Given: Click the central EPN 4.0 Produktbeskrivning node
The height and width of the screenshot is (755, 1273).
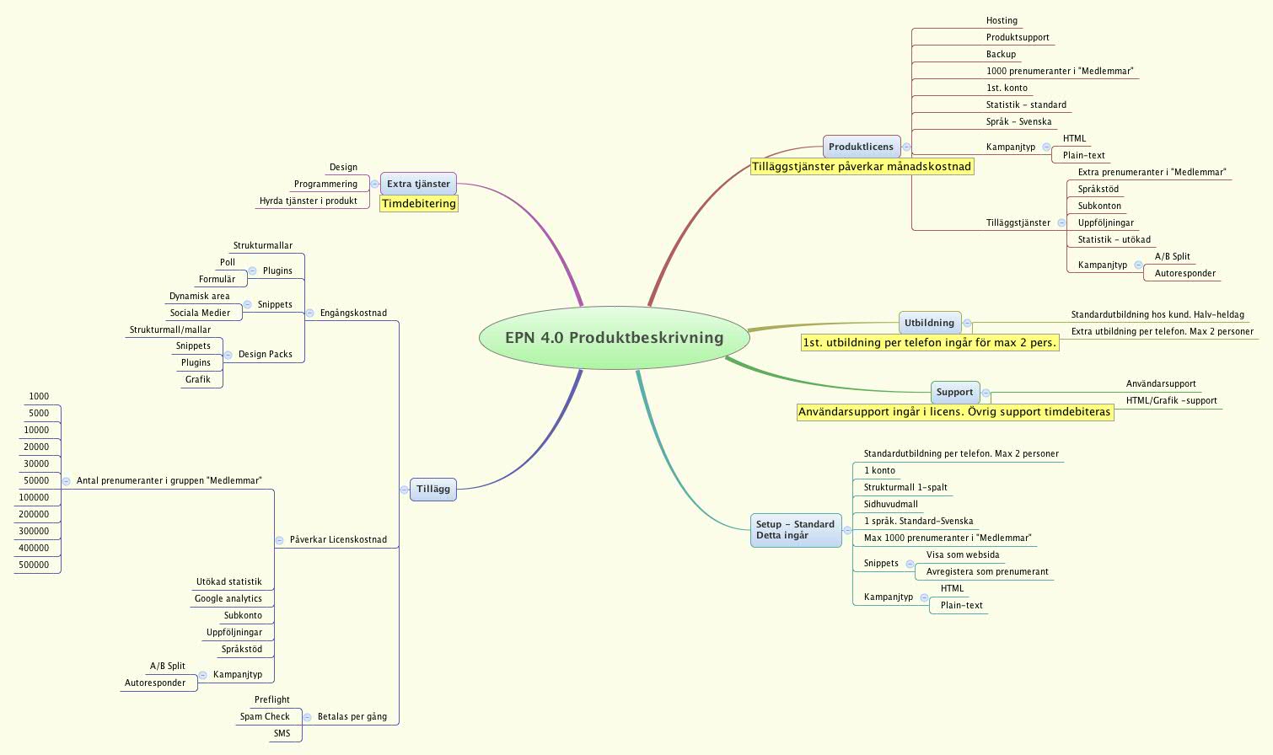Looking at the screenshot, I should [x=614, y=338].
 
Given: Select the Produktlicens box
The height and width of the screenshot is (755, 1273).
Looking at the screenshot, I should [x=861, y=147].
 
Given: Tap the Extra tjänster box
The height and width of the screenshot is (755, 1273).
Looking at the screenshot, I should [x=418, y=184].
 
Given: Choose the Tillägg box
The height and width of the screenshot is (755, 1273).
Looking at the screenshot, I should [x=433, y=490].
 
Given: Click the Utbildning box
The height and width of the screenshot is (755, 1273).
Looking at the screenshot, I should [x=929, y=323].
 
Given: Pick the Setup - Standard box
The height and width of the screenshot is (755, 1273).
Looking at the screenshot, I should [x=795, y=530].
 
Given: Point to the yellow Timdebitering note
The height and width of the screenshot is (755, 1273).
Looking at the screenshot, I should [x=418, y=204].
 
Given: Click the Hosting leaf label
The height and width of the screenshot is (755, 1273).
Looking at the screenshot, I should [x=1002, y=21].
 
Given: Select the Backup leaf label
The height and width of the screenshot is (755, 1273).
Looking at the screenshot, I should [x=1001, y=55].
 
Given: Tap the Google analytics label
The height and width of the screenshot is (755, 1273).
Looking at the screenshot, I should [x=228, y=599].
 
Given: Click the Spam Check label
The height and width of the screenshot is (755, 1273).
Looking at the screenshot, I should [x=265, y=717].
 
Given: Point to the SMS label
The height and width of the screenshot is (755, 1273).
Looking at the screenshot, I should [x=282, y=734].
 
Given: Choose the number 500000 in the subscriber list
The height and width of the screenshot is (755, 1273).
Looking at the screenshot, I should [x=34, y=565].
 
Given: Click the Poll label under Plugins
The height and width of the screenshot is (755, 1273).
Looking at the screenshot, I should [x=228, y=263].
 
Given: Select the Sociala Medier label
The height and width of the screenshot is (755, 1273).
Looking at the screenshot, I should [x=200, y=313].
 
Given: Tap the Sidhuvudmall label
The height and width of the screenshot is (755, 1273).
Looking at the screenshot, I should [x=890, y=505].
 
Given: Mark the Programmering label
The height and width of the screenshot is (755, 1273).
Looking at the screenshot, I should [x=325, y=185].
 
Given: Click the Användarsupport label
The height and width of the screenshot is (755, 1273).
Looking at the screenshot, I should [x=1161, y=384].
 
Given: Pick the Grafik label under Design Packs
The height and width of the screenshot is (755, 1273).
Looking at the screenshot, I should [x=198, y=380].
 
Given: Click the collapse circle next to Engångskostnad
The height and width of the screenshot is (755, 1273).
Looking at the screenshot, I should [x=309, y=313].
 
